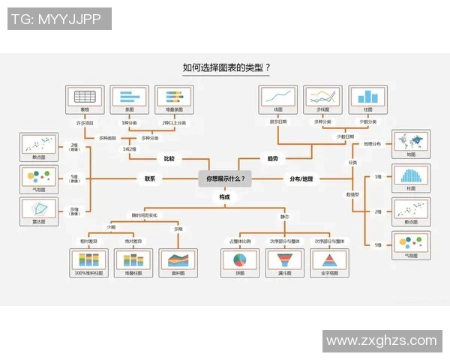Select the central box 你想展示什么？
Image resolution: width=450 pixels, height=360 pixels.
[224, 179]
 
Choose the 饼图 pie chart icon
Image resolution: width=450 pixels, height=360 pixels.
[241, 260]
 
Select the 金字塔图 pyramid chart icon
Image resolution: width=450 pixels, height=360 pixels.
[328, 260]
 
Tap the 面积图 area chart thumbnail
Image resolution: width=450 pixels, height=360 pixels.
[178, 260]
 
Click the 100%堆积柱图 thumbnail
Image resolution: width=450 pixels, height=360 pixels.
[89, 260]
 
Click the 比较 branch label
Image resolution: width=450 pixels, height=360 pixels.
[169, 159]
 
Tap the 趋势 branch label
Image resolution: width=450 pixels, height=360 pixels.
[272, 159]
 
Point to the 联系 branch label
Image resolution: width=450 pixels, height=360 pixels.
[150, 179]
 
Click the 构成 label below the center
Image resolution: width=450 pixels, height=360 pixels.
[224, 196]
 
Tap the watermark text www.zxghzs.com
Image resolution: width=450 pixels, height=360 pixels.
[381, 340]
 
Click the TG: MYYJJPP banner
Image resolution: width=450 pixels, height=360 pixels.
[60, 19]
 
